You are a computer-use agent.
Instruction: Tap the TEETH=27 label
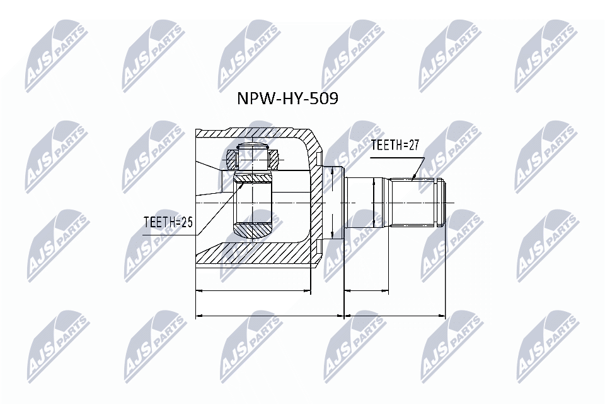click(395, 145)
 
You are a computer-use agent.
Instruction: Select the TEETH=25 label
click(167, 222)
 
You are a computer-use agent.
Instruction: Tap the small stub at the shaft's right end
click(443, 203)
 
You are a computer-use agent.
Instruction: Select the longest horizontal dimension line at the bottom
click(321, 314)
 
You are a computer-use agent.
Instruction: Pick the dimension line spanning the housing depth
click(253, 291)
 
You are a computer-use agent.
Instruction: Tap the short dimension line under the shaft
click(367, 291)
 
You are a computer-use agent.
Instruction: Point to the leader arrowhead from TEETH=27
click(413, 177)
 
